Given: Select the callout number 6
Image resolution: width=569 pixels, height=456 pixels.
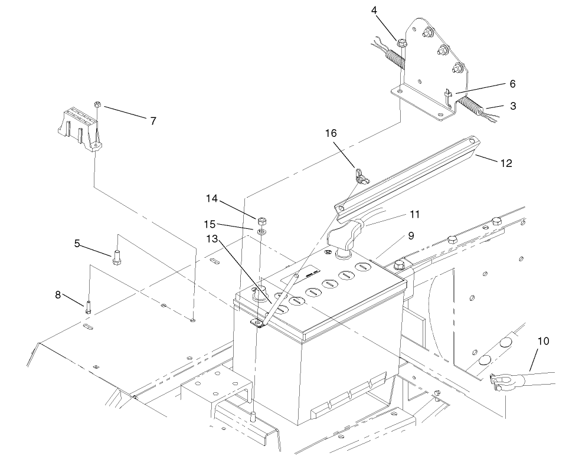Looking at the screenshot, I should (496, 84).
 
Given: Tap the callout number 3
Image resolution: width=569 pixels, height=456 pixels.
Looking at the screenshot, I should (513, 106).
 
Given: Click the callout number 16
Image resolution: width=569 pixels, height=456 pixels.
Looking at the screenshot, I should (331, 134).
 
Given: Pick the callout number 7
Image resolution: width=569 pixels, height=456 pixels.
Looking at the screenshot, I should (153, 120).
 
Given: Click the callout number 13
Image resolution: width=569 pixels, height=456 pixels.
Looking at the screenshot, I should (212, 238).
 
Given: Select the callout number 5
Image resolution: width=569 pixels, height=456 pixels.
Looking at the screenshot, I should (77, 242).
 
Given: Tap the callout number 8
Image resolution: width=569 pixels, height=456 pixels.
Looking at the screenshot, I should (58, 294).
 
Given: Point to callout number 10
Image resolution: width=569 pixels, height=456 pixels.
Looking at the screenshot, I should (543, 340).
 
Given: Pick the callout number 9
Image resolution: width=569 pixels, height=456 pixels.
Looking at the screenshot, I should (411, 235).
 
